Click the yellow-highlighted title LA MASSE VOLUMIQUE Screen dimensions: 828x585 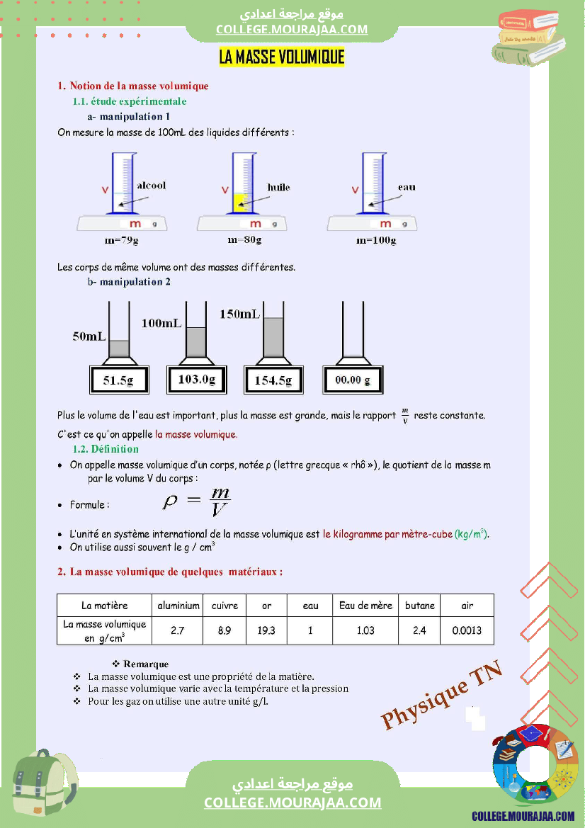click(282, 57)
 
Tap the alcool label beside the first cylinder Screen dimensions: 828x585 click(151, 185)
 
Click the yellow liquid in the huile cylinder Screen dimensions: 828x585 click(239, 202)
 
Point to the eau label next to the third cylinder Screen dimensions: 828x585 click(407, 187)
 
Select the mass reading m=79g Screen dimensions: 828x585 click(120, 241)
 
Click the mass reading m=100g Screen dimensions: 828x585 click(376, 241)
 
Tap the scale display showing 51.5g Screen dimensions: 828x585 click(118, 380)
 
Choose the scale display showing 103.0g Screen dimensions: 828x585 click(196, 380)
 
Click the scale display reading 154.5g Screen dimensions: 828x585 click(273, 380)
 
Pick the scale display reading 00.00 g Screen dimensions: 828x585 click(353, 380)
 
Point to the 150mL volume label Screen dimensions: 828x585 click(239, 314)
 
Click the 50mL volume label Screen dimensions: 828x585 click(89, 336)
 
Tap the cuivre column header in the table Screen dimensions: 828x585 click(225, 606)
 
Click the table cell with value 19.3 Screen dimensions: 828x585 click(266, 630)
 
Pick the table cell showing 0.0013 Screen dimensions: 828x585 click(467, 630)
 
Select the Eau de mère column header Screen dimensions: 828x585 click(365, 606)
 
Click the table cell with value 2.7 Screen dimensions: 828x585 click(178, 630)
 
